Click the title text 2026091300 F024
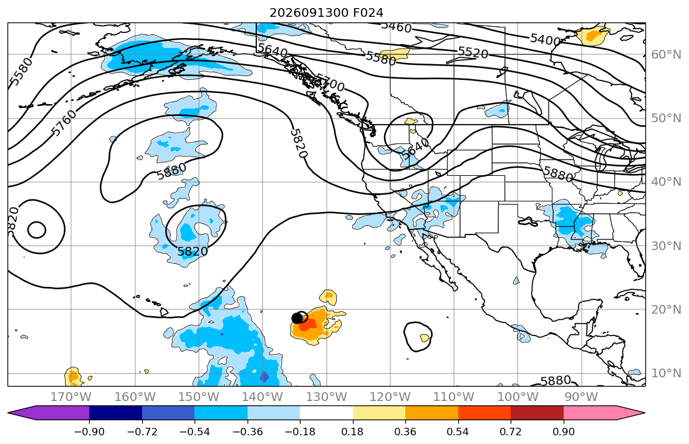pyautogui.click(x=327, y=12)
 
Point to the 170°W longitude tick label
pyautogui.click(x=71, y=397)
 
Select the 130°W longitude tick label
pyautogui.click(x=327, y=397)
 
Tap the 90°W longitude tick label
pyautogui.click(x=581, y=397)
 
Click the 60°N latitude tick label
pyautogui.click(x=666, y=54)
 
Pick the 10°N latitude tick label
pyautogui.click(x=666, y=374)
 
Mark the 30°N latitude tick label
pyautogui.click(x=666, y=246)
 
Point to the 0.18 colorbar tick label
pyautogui.click(x=352, y=432)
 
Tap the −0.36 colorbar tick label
pyautogui.click(x=247, y=432)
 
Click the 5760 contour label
pyautogui.click(x=63, y=123)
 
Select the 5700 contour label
pyautogui.click(x=330, y=82)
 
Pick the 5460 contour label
pyautogui.click(x=397, y=27)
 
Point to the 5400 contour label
pyautogui.click(x=546, y=39)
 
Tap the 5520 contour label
pyautogui.click(x=473, y=53)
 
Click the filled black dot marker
pyautogui.click(x=297, y=318)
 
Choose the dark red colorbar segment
pyautogui.click(x=537, y=413)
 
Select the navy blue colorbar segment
pyautogui.click(x=115, y=413)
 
